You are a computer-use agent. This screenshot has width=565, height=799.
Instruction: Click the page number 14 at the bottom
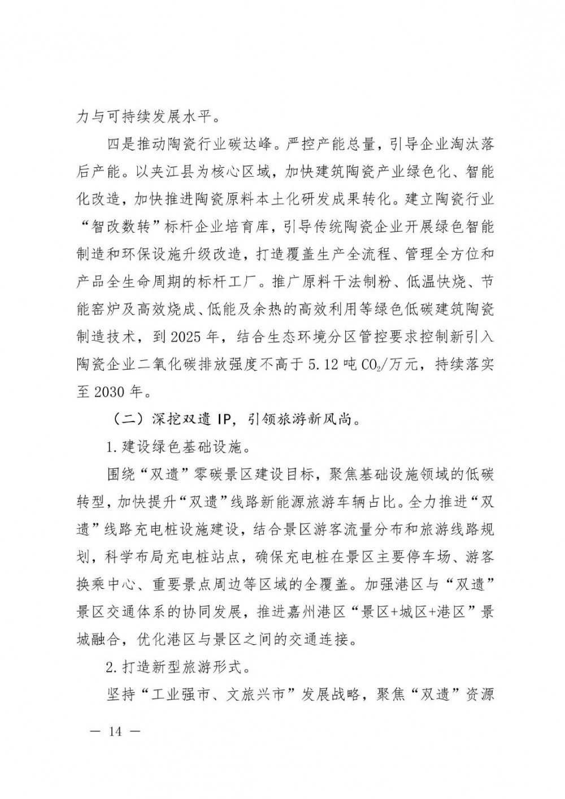(115, 731)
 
